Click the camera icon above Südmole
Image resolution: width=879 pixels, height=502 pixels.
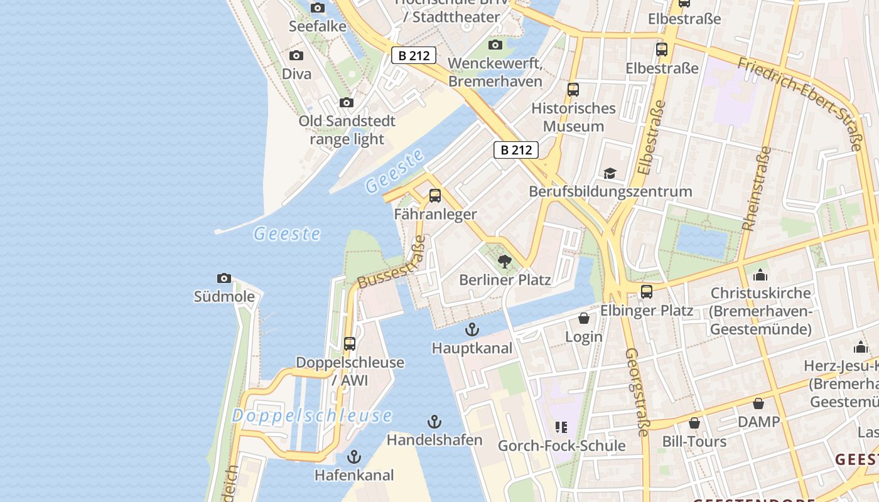coord(224,278)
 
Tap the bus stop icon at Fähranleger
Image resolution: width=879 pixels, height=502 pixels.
coord(434,196)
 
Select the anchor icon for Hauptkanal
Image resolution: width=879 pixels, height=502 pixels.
coord(472,329)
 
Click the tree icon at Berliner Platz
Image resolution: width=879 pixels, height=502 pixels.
coord(504,262)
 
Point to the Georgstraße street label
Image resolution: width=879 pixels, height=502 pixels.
coord(637,392)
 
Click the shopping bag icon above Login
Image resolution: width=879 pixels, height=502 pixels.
coord(584,318)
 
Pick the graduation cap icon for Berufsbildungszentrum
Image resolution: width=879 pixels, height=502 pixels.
coord(610,173)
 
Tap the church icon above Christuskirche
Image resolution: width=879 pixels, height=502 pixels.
coord(760,275)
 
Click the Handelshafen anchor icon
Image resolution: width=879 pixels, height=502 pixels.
coord(434,422)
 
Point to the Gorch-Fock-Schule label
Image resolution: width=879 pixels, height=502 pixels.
coord(561,446)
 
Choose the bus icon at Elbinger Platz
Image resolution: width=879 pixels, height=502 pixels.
coord(646,292)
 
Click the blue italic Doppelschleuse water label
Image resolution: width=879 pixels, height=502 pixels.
coord(312,415)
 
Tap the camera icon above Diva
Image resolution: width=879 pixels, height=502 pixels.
coord(296,56)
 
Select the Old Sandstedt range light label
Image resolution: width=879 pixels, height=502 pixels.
coord(347,130)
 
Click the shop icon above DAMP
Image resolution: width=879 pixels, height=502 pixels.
coord(758,403)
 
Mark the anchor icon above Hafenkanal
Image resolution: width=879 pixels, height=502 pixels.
coord(355,457)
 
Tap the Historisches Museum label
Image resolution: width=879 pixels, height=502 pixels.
coord(573,117)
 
